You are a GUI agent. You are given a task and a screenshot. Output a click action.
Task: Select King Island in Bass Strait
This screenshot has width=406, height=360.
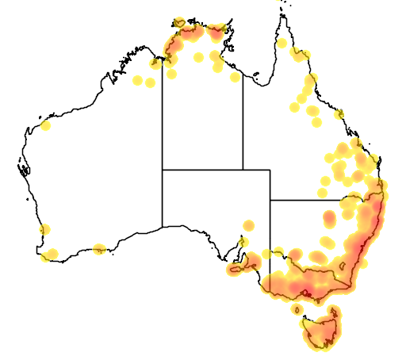coord(295,308)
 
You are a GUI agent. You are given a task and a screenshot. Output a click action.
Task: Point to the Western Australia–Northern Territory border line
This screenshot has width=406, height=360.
coord(163,119)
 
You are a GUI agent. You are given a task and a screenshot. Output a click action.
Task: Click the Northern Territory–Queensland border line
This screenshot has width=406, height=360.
coord(243,119)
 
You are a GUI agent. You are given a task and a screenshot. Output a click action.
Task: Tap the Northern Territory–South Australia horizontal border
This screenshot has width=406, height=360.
coord(202,170)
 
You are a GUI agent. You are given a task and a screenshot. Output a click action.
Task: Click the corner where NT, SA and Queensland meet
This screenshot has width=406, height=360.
coord(243,170)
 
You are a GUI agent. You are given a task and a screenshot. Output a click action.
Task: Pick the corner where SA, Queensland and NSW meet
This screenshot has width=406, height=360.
coord(270,200)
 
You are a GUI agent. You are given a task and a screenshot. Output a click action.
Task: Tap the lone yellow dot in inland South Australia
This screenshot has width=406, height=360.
coord(249,226)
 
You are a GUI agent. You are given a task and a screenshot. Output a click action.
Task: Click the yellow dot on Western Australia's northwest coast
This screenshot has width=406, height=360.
coord(45,125)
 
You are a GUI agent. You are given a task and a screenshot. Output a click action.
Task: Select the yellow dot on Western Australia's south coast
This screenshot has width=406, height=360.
coord(98,249)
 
